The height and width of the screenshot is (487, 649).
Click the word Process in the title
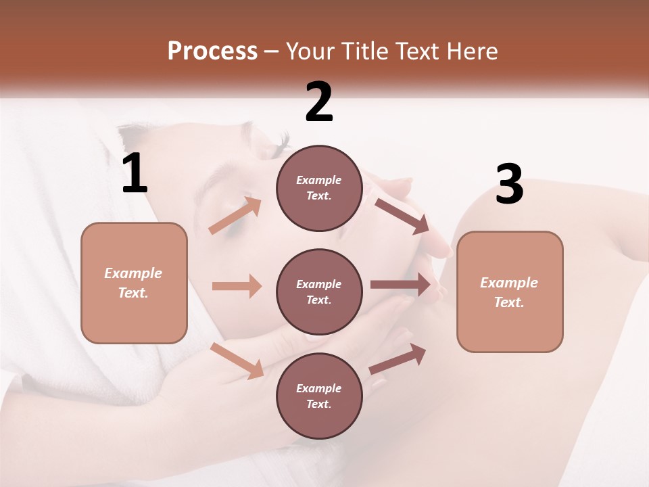[x=212, y=51]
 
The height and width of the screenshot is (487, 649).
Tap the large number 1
[x=135, y=175]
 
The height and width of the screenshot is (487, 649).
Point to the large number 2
[x=319, y=103]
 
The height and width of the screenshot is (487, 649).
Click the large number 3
[x=509, y=185]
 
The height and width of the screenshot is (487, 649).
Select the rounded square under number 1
[x=134, y=283]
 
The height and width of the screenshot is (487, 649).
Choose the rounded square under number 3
[x=510, y=292]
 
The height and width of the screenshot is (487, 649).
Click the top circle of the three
[x=319, y=187]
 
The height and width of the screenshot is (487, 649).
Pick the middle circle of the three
[x=319, y=292]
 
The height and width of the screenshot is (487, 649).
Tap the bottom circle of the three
[x=319, y=396]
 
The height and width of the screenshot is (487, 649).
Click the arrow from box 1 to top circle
[x=235, y=215]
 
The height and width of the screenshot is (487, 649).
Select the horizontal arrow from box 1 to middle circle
[x=237, y=286]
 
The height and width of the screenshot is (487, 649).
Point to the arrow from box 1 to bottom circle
[x=237, y=361]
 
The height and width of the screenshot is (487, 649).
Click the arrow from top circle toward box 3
[x=402, y=216]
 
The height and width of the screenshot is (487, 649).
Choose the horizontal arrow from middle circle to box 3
[x=400, y=285]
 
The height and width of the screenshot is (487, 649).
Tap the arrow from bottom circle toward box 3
[x=398, y=358]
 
